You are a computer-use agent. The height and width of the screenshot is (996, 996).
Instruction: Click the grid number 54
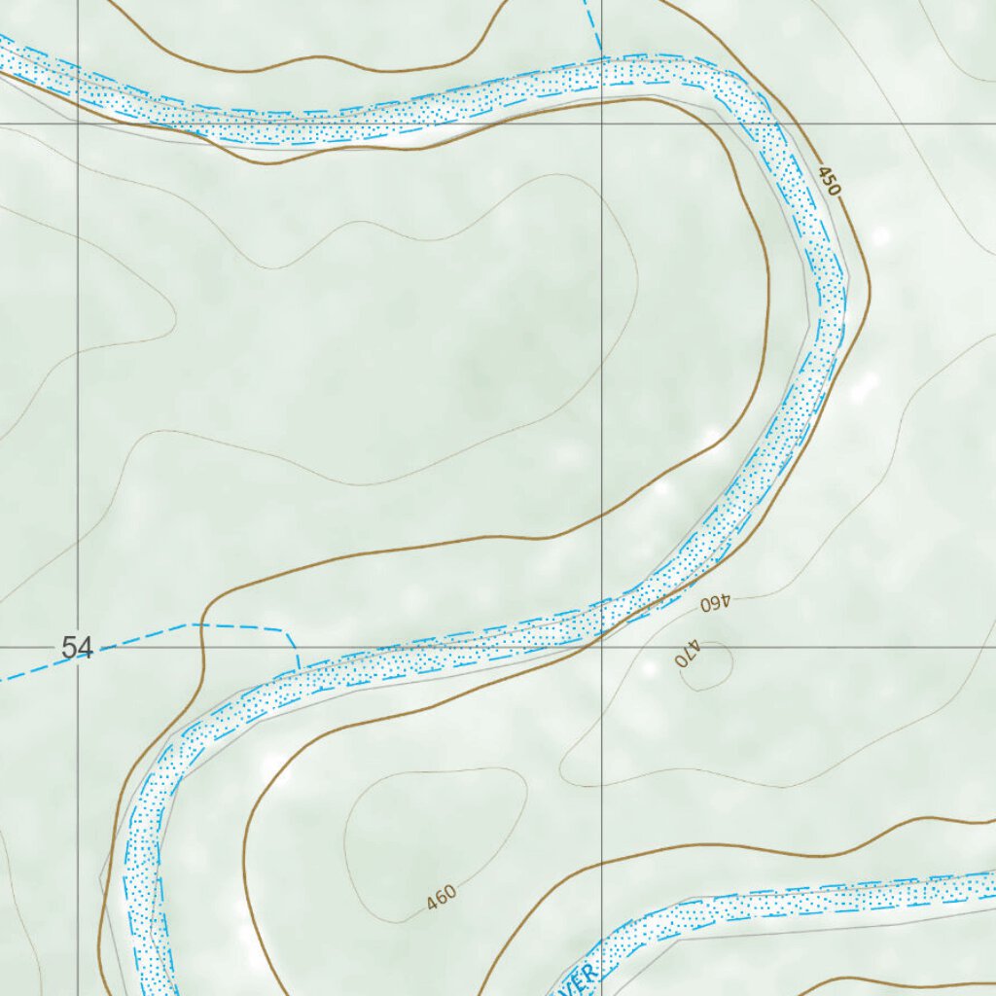tap(77, 648)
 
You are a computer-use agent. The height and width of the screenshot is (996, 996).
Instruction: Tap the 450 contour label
tap(828, 181)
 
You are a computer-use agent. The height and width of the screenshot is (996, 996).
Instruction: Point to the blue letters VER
tap(575, 980)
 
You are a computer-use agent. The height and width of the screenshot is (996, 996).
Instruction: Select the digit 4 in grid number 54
tap(85, 648)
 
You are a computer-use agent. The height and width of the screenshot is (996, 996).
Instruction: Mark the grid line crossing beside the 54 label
tap(78, 647)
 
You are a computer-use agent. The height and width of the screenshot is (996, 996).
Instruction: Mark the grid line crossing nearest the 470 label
tap(602, 647)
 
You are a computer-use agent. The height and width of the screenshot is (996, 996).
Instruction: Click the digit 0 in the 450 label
tap(833, 189)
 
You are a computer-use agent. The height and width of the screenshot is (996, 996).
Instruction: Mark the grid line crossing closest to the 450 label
tap(602, 124)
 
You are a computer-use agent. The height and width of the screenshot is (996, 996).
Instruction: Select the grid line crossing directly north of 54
tap(78, 124)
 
